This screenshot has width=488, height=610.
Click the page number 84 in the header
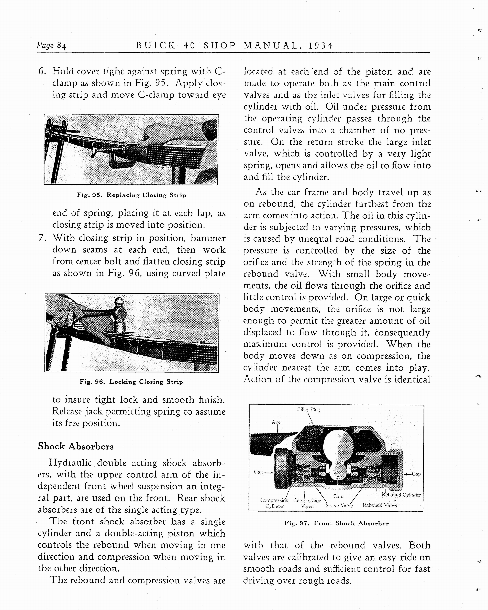61,46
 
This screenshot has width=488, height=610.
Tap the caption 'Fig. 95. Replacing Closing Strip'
131,195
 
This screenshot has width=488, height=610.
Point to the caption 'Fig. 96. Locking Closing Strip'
131,382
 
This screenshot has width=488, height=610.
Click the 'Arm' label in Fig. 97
277,422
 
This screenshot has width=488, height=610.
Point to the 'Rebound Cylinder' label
401,495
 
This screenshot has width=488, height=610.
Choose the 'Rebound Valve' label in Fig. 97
380,505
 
